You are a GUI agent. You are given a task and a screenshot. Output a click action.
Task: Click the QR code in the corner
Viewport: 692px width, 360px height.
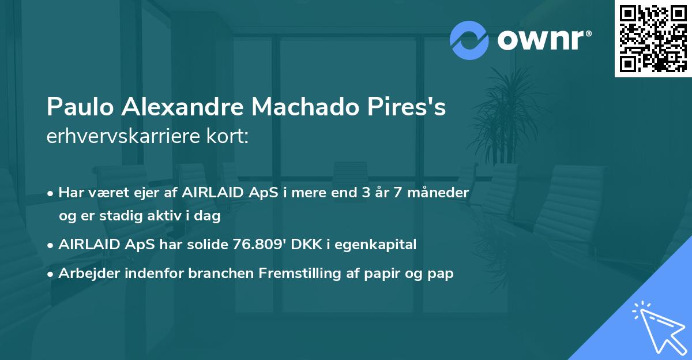click(653, 39)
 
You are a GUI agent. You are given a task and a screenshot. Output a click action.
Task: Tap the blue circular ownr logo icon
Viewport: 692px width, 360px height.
click(469, 40)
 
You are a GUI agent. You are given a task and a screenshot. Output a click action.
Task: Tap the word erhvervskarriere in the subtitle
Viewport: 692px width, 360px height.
click(119, 137)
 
